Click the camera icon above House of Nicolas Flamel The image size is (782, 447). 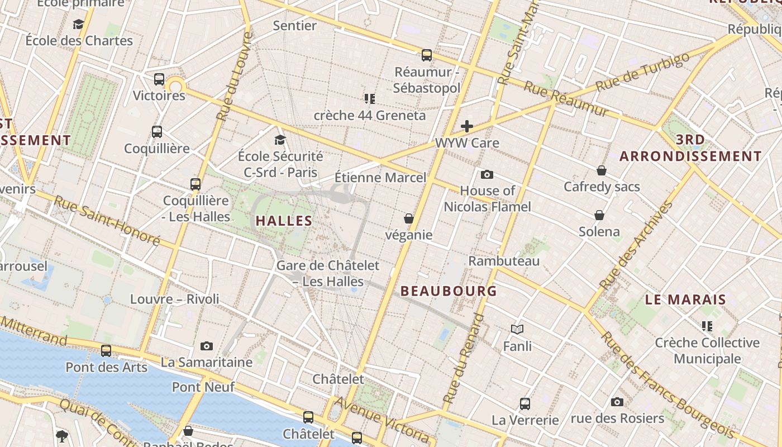487,174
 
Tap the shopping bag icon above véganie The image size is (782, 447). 409,218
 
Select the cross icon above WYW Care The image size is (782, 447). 467,126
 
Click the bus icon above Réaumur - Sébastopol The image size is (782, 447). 427,55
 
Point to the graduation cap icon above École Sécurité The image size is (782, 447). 280,140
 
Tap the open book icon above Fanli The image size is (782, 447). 517,330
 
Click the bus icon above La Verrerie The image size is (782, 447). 525,403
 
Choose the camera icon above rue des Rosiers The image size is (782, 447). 617,402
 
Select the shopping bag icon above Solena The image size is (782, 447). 599,215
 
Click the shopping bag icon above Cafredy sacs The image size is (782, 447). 602,170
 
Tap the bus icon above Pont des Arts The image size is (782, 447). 106,351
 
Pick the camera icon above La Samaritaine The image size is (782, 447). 207,346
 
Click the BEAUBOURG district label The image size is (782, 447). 449,291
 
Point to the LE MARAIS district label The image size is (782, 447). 685,299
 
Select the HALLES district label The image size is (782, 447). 284,221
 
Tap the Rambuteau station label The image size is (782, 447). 504,261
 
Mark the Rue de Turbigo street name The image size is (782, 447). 642,73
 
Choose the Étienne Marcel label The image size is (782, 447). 380,178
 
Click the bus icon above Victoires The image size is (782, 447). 159,79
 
